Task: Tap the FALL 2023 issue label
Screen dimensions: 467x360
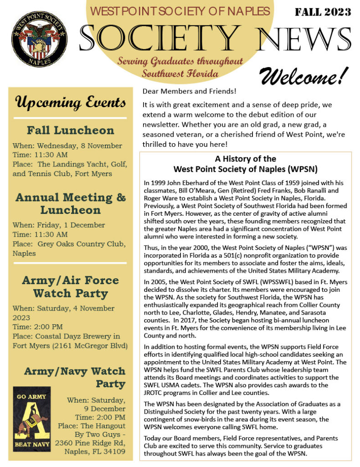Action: [323, 12]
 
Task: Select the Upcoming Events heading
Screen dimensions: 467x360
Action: [70, 102]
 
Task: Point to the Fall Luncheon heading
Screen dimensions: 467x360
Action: [70, 130]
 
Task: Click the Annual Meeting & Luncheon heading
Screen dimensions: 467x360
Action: [70, 204]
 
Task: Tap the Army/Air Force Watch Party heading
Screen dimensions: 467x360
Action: [70, 286]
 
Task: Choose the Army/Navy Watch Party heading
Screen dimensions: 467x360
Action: [75, 377]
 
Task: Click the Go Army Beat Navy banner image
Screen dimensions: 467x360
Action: [31, 419]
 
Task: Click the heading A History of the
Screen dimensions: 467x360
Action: [245, 159]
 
